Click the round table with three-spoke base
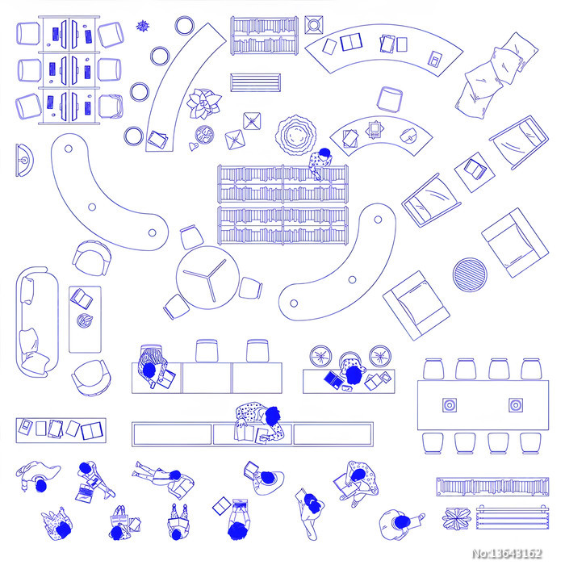point(207,277)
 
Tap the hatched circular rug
point(470,274)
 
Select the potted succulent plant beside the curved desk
point(203,103)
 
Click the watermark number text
point(507,553)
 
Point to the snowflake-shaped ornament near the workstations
point(143,26)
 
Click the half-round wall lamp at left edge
point(24,161)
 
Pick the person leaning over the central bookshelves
point(320,162)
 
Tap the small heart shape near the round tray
point(193,146)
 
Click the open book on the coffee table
point(82,299)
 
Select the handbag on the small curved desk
point(408,135)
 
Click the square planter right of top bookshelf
point(313,25)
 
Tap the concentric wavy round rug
point(296,135)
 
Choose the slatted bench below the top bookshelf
point(255,82)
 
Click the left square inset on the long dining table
point(450,405)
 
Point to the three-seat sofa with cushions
point(37,322)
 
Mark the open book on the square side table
point(475,169)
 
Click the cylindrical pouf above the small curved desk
point(390,98)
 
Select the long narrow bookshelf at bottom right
point(492,487)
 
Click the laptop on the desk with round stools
point(334,379)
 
